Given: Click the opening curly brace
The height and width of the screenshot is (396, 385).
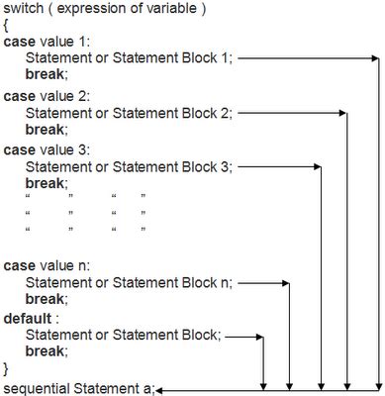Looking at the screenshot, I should (6, 27).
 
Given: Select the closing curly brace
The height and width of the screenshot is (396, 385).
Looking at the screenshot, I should (6, 368).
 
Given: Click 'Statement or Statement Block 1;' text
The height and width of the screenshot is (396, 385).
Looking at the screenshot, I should (129, 59).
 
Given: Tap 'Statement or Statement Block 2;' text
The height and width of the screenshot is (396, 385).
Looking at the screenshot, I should (129, 114).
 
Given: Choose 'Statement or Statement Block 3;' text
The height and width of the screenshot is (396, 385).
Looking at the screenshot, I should (129, 167).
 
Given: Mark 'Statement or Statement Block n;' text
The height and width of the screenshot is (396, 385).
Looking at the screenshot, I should (129, 283).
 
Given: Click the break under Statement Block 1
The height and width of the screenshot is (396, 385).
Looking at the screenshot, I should (46, 76).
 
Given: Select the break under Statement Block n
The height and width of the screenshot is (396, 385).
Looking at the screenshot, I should (46, 299).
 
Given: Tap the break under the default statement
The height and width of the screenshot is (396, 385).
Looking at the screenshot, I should (46, 352).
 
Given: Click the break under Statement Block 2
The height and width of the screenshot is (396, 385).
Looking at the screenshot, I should (46, 130).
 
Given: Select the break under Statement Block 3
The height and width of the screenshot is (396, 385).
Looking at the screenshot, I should (46, 183).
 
